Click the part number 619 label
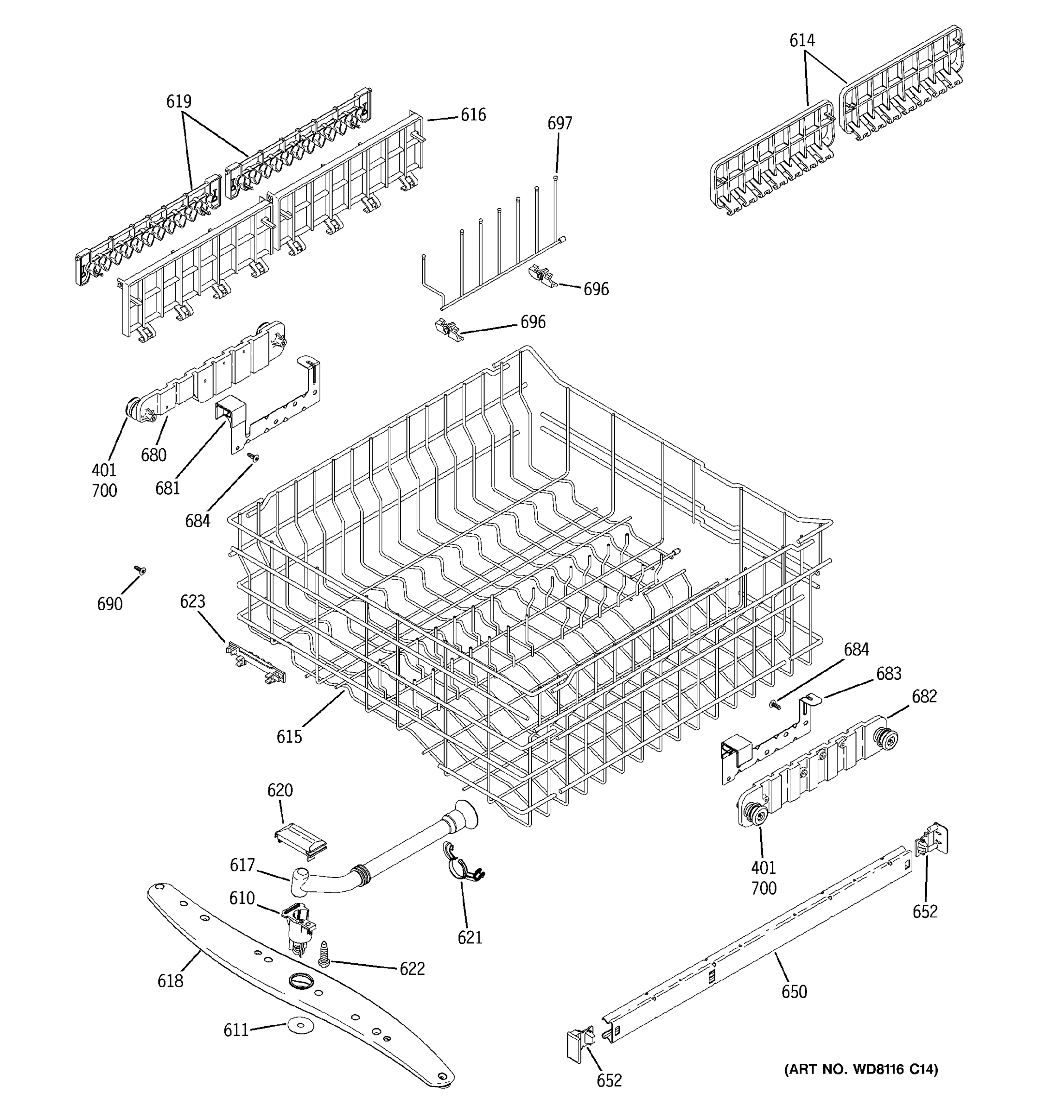pos(178,101)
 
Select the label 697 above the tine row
pos(560,123)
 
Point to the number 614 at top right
pos(802,40)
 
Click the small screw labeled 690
pos(139,570)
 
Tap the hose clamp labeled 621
pos(460,869)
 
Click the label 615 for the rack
pos(289,737)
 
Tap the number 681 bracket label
pos(167,488)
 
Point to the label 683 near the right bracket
pos(889,674)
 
